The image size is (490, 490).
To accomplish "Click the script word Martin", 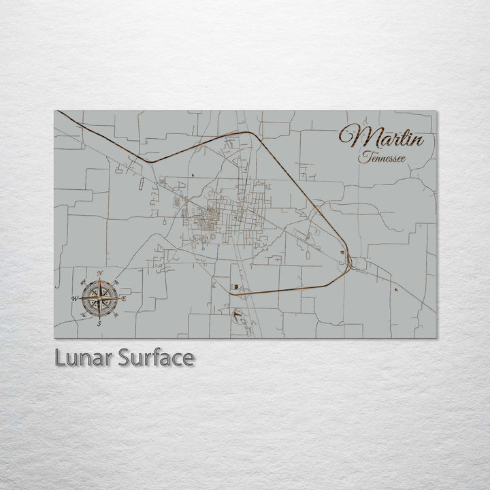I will pos(385,139).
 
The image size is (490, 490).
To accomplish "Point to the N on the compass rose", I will pos(100,274).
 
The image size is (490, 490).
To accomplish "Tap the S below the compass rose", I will pos(99,323).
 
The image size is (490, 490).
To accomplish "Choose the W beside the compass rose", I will pos(74,298).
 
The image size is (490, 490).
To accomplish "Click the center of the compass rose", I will pos(99,298).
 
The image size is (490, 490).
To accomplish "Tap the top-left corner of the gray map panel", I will pos(54,111).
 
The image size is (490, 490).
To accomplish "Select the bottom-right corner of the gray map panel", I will pos(436,338).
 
